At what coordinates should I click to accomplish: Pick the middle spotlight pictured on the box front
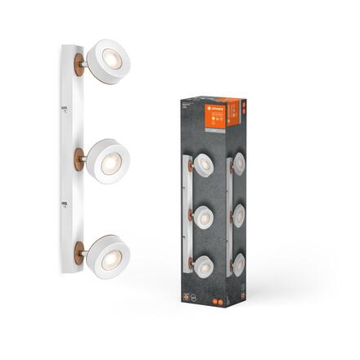point(205,216)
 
